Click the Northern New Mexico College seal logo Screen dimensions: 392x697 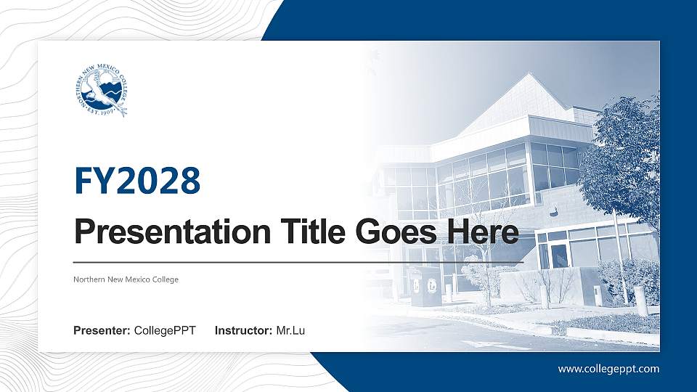(101, 91)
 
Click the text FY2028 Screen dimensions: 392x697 (137, 181)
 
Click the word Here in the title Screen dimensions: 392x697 (485, 233)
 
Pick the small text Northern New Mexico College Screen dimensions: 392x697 (126, 279)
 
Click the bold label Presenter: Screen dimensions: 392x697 (102, 331)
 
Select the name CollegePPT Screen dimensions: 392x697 (165, 331)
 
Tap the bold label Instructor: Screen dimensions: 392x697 (244, 331)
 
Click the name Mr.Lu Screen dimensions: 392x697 (290, 331)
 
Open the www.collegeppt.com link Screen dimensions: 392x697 (608, 369)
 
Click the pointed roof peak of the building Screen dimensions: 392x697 (531, 75)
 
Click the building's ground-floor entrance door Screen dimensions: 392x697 (559, 256)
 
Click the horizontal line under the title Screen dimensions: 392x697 (298, 261)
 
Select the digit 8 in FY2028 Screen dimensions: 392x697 (188, 181)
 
